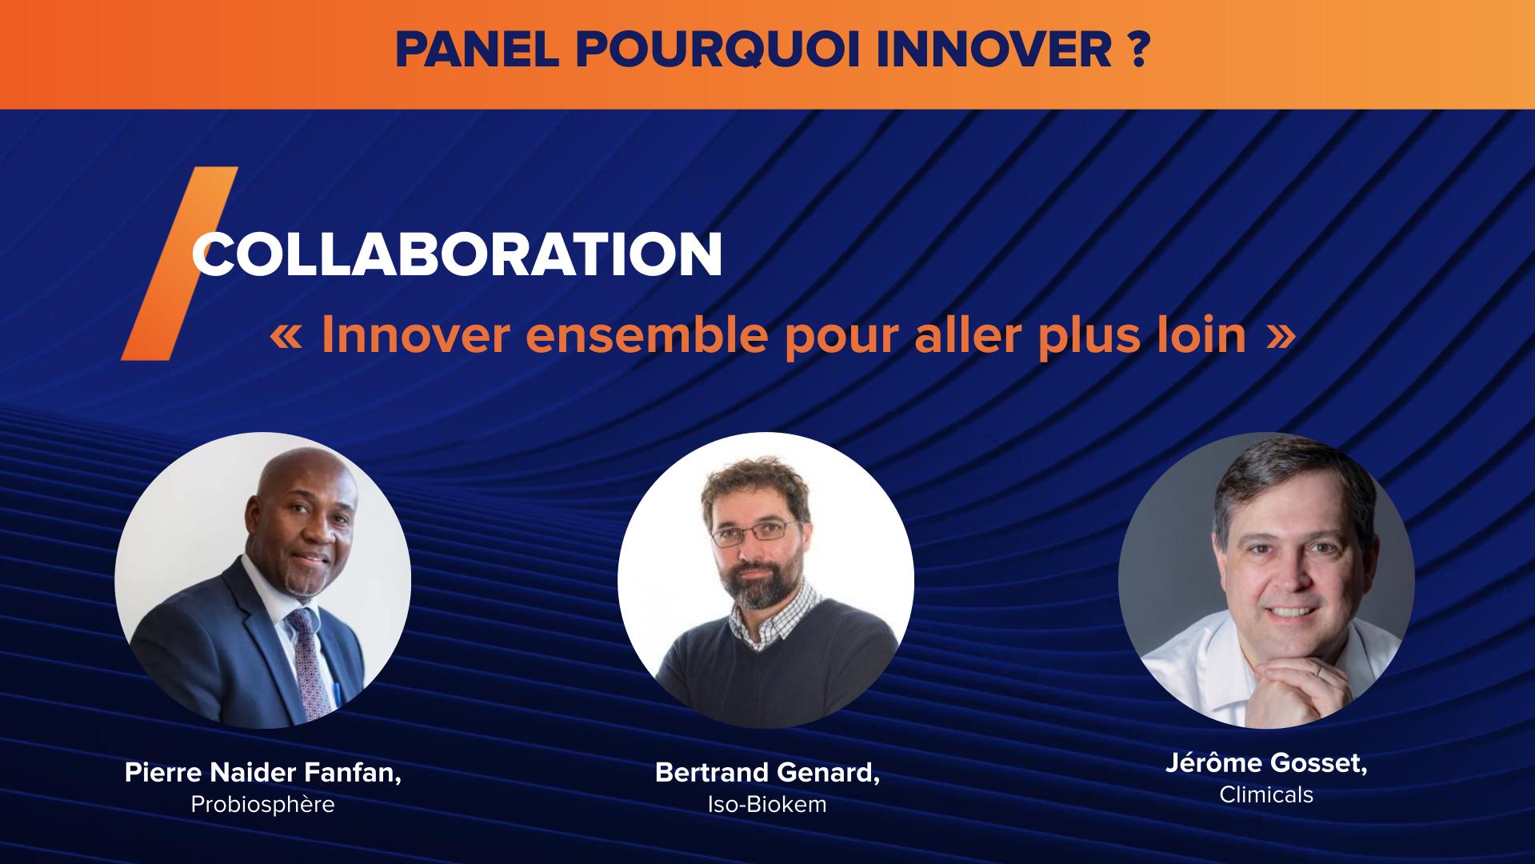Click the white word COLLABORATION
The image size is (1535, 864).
pos(457,255)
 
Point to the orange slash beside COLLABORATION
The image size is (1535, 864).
pos(179,264)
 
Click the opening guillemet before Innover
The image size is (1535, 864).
pos(287,337)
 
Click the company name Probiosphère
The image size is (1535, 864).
pos(262,804)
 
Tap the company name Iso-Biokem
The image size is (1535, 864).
pos(766,804)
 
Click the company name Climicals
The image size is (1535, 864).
pos(1265,794)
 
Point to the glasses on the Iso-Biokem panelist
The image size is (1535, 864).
pos(754,532)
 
